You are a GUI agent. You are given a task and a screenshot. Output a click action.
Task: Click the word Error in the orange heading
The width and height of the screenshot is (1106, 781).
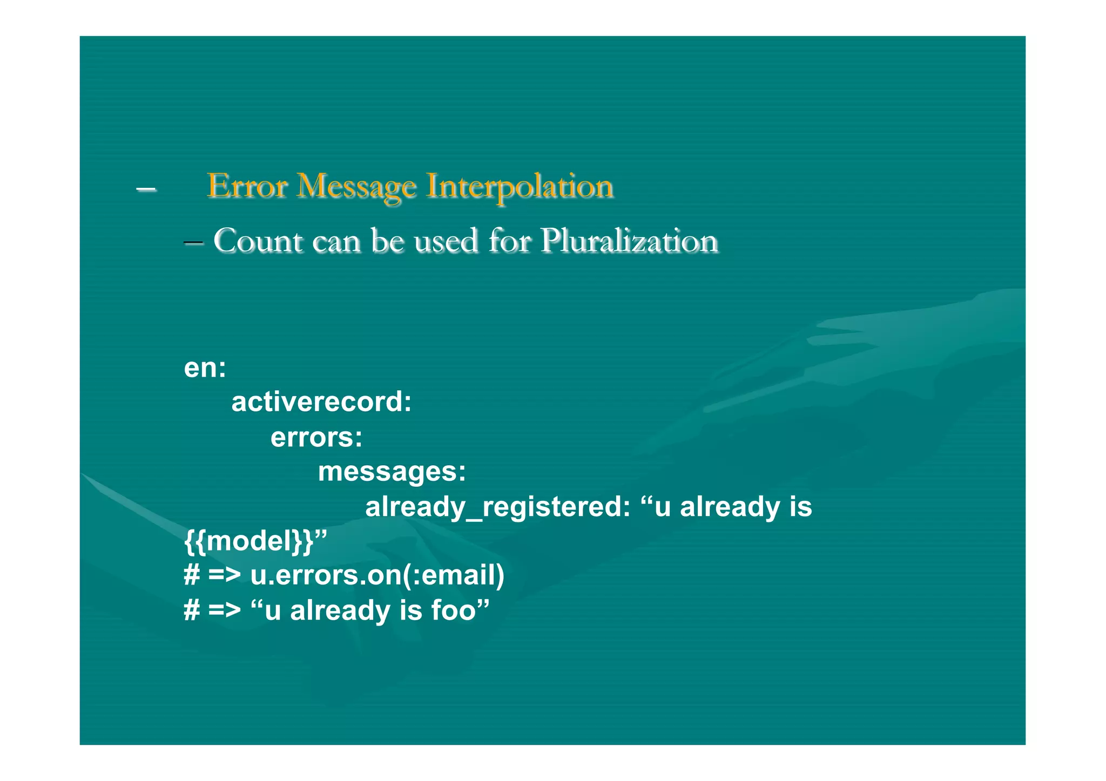point(247,186)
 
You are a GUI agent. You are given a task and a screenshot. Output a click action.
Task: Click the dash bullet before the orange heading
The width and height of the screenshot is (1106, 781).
point(146,189)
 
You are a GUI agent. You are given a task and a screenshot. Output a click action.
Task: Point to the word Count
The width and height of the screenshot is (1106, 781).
point(258,241)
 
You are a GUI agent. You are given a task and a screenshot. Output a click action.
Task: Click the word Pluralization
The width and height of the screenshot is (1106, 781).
point(629,241)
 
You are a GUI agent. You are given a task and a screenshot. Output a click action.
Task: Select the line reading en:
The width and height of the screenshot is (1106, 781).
point(205,368)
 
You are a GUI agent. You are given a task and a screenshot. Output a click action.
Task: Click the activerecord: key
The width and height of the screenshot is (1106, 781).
point(321,402)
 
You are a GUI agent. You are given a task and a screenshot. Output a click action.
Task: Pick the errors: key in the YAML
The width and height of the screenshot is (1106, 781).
point(316,437)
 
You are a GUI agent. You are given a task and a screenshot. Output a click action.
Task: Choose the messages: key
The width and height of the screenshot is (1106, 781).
point(392,472)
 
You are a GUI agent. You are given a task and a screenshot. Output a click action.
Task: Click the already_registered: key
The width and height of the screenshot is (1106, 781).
point(497,507)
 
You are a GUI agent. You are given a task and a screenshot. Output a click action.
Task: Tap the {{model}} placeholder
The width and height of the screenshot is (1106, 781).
point(248,541)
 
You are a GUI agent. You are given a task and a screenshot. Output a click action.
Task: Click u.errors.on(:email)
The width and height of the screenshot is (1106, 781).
point(377,575)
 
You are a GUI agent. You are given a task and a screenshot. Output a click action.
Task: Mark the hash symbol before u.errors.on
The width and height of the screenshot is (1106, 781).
point(192,575)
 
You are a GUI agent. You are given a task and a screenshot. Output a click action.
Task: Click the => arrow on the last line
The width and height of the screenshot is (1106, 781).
point(224,610)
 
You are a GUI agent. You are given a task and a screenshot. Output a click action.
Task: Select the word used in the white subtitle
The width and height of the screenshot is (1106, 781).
point(446,241)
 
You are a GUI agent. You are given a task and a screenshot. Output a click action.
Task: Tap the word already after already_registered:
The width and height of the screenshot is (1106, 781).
point(730,507)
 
